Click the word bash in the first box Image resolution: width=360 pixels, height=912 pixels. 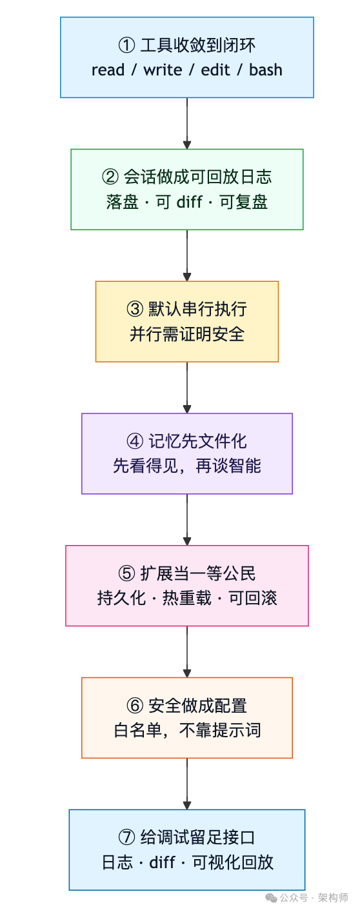pos(266,70)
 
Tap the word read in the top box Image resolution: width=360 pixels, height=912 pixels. pos(108,70)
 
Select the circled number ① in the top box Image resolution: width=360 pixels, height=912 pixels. pos(126,46)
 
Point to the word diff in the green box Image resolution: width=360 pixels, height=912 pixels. pos(189,202)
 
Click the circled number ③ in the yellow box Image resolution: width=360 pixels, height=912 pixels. pos(135,310)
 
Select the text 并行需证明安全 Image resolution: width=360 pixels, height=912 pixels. pos(187,334)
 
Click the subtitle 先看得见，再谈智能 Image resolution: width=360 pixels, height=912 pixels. pos(187,466)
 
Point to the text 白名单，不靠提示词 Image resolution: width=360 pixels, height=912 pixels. pos(187,731)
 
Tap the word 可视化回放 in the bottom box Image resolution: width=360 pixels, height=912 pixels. pos(233,863)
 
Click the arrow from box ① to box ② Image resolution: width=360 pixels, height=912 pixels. pos(187,123)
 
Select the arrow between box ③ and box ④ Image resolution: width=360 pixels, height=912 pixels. pos(187,387)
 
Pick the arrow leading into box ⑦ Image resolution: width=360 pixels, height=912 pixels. pos(187,784)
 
